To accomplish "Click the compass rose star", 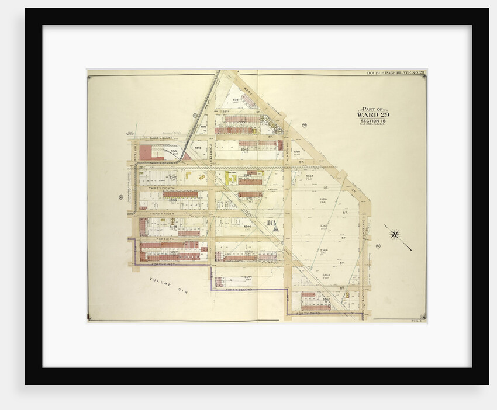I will (x=395, y=235).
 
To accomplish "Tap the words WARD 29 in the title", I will (x=372, y=114).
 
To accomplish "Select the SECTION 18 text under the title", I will (x=372, y=121).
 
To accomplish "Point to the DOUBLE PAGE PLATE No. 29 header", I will (x=395, y=72).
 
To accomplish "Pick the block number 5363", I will (x=326, y=275).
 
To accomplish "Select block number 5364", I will (x=324, y=250).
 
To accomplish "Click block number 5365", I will (x=324, y=225).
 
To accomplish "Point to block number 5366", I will (x=323, y=199).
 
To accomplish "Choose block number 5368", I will (x=296, y=152).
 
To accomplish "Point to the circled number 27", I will (x=378, y=245).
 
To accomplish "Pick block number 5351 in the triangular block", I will (x=236, y=100).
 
